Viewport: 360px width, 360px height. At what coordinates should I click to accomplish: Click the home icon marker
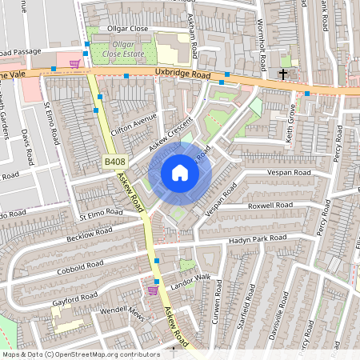tap(180, 173)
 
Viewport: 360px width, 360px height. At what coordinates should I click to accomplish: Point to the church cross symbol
tap(282, 74)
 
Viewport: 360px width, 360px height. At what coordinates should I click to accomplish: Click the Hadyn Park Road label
tap(257, 238)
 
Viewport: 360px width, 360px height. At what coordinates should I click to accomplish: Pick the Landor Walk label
tap(190, 278)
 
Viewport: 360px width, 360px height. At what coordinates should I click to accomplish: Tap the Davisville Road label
tap(282, 314)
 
